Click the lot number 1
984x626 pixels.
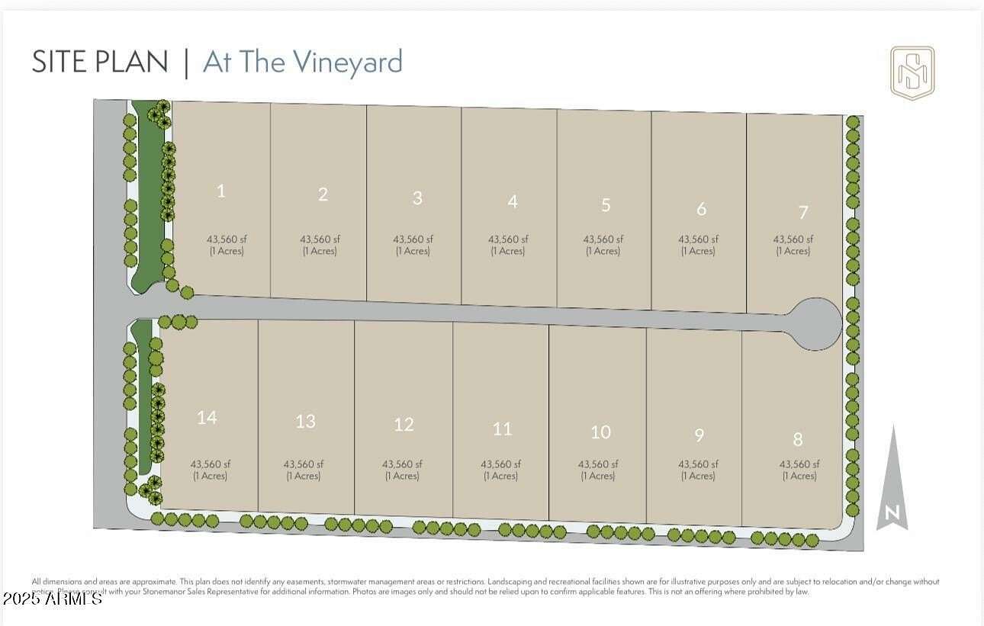(221, 191)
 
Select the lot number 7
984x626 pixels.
(802, 212)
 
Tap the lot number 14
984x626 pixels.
(207, 417)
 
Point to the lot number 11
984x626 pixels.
(502, 429)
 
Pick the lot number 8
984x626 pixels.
(798, 439)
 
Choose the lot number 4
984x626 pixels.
(513, 201)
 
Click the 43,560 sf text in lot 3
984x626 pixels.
(413, 239)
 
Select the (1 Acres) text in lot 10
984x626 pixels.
(598, 476)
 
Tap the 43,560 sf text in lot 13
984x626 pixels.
(304, 464)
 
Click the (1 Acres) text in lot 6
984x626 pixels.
(698, 251)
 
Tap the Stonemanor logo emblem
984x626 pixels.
(912, 73)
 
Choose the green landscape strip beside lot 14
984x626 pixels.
(142, 396)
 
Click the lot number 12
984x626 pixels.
(404, 425)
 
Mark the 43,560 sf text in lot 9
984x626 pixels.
(698, 464)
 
